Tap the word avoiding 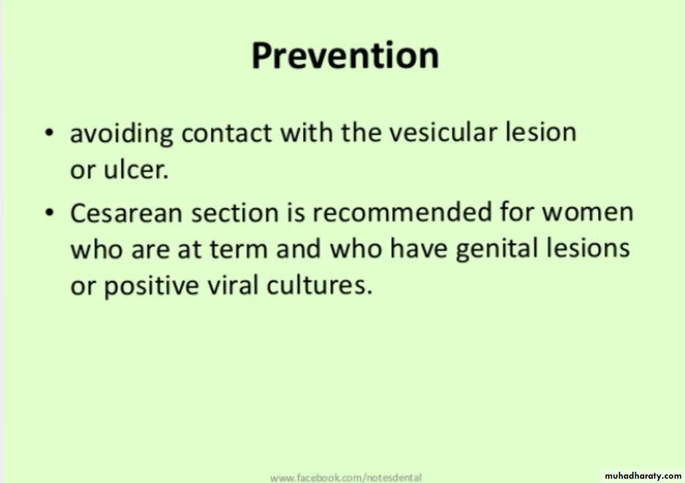[x=121, y=133]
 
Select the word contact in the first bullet [x=226, y=133]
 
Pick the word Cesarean [x=126, y=212]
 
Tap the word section [x=235, y=212]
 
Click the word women [x=588, y=212]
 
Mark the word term [x=239, y=248]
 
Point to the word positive [x=151, y=286]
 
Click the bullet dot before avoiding [x=49, y=133]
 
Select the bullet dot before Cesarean [x=49, y=213]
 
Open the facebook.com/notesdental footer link [x=346, y=478]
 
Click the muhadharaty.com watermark [x=643, y=476]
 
